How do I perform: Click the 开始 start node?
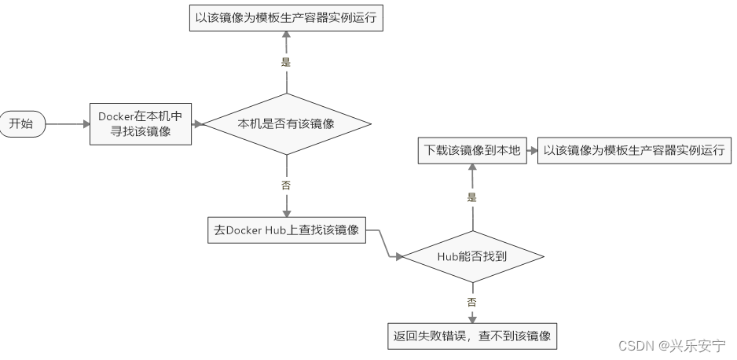tap(22, 124)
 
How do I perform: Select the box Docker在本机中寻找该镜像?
tap(141, 124)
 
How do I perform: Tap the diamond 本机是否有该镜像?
tap(287, 123)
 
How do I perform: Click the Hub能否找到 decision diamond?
tap(472, 256)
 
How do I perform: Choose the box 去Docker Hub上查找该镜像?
tap(287, 230)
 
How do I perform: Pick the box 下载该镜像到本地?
tap(472, 150)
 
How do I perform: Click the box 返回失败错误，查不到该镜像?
tap(472, 337)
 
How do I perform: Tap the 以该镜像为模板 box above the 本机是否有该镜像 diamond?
tap(287, 19)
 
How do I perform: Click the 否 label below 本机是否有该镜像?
tap(286, 186)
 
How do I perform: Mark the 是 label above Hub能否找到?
tap(472, 197)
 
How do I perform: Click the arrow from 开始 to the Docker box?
tap(68, 124)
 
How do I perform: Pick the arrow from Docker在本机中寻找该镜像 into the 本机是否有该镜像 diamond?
tap(197, 124)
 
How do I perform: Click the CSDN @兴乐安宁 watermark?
tap(672, 345)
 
